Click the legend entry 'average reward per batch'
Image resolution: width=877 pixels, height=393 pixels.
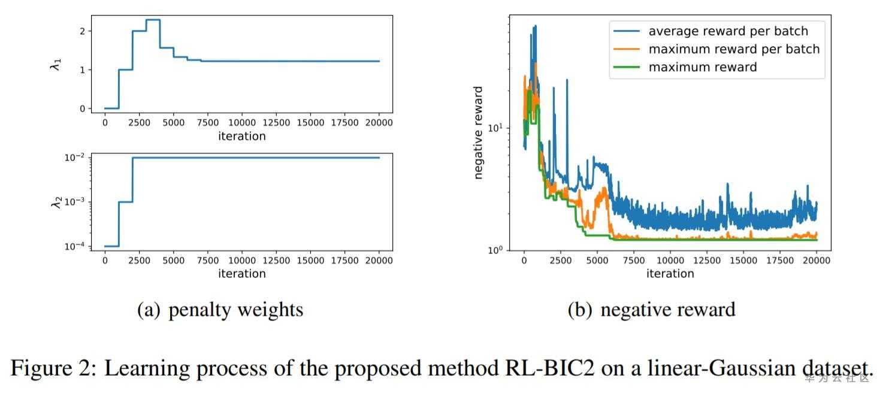tap(728, 31)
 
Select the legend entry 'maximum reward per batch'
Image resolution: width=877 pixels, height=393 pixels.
tap(734, 49)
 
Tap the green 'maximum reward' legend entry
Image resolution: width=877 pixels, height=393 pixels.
tap(703, 67)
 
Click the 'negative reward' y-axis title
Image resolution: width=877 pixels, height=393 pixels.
tap(478, 133)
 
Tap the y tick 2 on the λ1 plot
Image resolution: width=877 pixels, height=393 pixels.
tap(81, 31)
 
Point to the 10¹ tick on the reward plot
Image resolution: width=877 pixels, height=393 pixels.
tap(495, 128)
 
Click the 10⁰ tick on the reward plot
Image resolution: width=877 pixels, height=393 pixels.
tap(495, 250)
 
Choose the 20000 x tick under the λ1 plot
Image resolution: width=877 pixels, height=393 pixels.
tap(379, 123)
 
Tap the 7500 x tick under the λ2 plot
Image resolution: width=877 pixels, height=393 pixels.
tap(207, 261)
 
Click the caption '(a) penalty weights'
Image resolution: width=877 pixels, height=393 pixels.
tap(220, 309)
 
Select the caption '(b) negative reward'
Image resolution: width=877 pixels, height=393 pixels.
tap(651, 309)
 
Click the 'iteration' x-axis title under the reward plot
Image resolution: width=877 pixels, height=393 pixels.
tap(670, 274)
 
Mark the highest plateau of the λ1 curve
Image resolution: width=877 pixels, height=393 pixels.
tap(153, 20)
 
